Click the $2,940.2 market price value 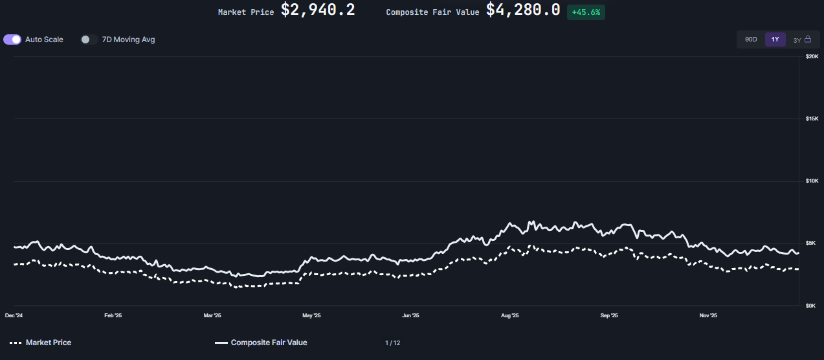317,10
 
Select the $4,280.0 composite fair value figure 523,10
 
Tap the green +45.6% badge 586,12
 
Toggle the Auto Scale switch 12,39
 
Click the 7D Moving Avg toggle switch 89,39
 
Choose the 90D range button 751,39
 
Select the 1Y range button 775,39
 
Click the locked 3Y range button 801,39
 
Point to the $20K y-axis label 812,57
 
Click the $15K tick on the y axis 812,118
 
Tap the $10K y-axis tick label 812,181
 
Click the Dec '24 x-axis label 14,316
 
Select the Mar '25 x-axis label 212,316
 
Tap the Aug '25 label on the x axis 510,316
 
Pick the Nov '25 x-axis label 708,316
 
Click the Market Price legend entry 41,343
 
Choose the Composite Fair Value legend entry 261,343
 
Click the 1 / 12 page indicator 392,343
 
